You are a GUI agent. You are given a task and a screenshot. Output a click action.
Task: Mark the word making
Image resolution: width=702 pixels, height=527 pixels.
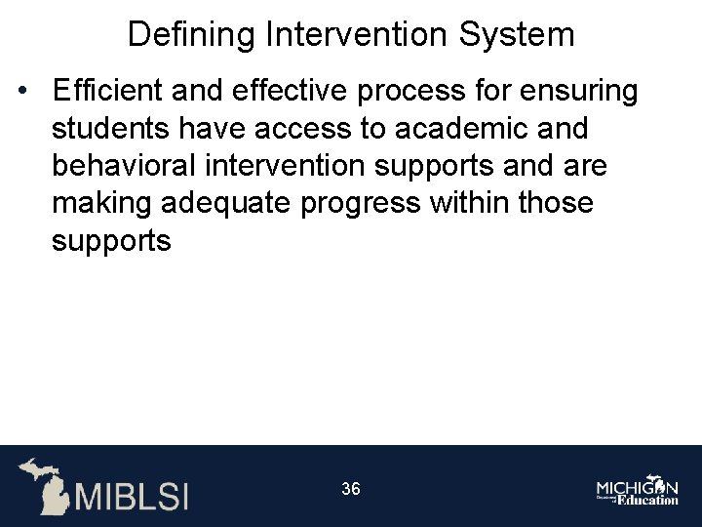tap(98, 203)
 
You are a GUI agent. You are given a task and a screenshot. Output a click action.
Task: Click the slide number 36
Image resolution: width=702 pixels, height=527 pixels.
tap(351, 489)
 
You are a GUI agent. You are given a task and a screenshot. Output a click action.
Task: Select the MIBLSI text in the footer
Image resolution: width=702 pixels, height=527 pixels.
tap(131, 495)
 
